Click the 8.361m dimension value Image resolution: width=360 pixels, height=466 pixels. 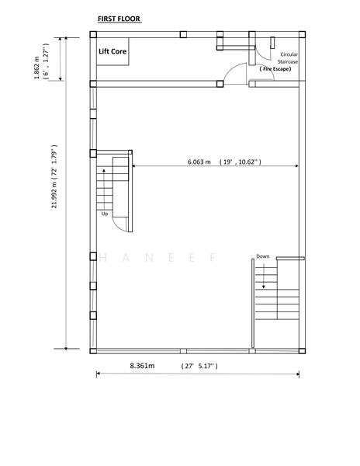[x=141, y=364]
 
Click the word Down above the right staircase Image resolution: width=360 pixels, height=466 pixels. [x=263, y=256]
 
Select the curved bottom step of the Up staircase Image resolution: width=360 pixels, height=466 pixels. [x=120, y=223]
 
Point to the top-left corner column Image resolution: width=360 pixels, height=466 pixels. [x=93, y=35]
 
